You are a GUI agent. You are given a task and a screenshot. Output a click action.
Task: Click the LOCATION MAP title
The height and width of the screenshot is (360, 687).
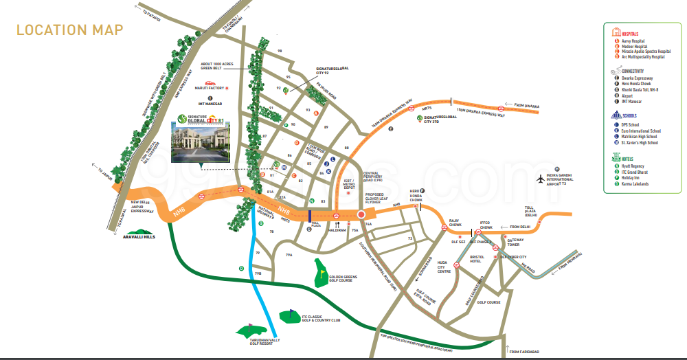69,30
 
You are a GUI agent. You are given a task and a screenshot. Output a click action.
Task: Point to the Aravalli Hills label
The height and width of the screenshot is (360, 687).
139,237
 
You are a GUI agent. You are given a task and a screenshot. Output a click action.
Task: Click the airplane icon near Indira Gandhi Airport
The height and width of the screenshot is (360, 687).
541,179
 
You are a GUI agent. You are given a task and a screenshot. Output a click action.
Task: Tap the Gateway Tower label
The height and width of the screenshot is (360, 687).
515,242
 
